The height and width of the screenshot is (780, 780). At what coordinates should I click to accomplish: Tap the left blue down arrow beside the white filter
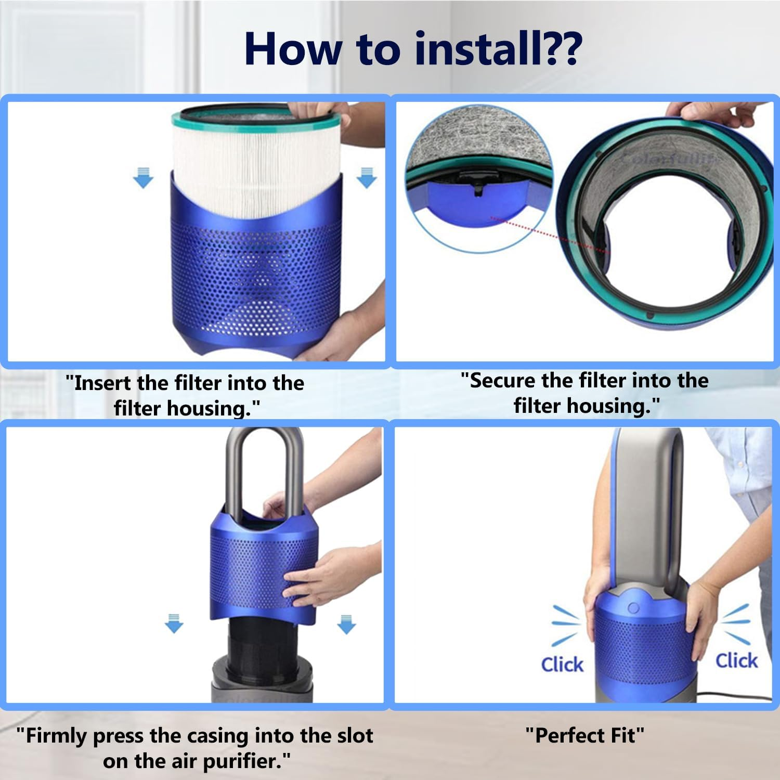coord(144,177)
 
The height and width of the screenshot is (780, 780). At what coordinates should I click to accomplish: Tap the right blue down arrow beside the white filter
coord(367,177)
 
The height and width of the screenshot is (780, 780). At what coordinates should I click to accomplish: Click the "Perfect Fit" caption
coord(584,736)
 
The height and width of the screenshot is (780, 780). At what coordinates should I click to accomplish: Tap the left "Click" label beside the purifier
coord(562,664)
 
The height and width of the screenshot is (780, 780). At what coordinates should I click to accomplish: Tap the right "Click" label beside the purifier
coord(736,660)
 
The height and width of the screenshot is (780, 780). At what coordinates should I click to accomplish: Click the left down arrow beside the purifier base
coord(174,623)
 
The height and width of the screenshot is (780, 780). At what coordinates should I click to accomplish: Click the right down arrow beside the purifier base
coord(346,623)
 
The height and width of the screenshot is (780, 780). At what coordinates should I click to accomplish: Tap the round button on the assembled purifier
coord(633,608)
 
